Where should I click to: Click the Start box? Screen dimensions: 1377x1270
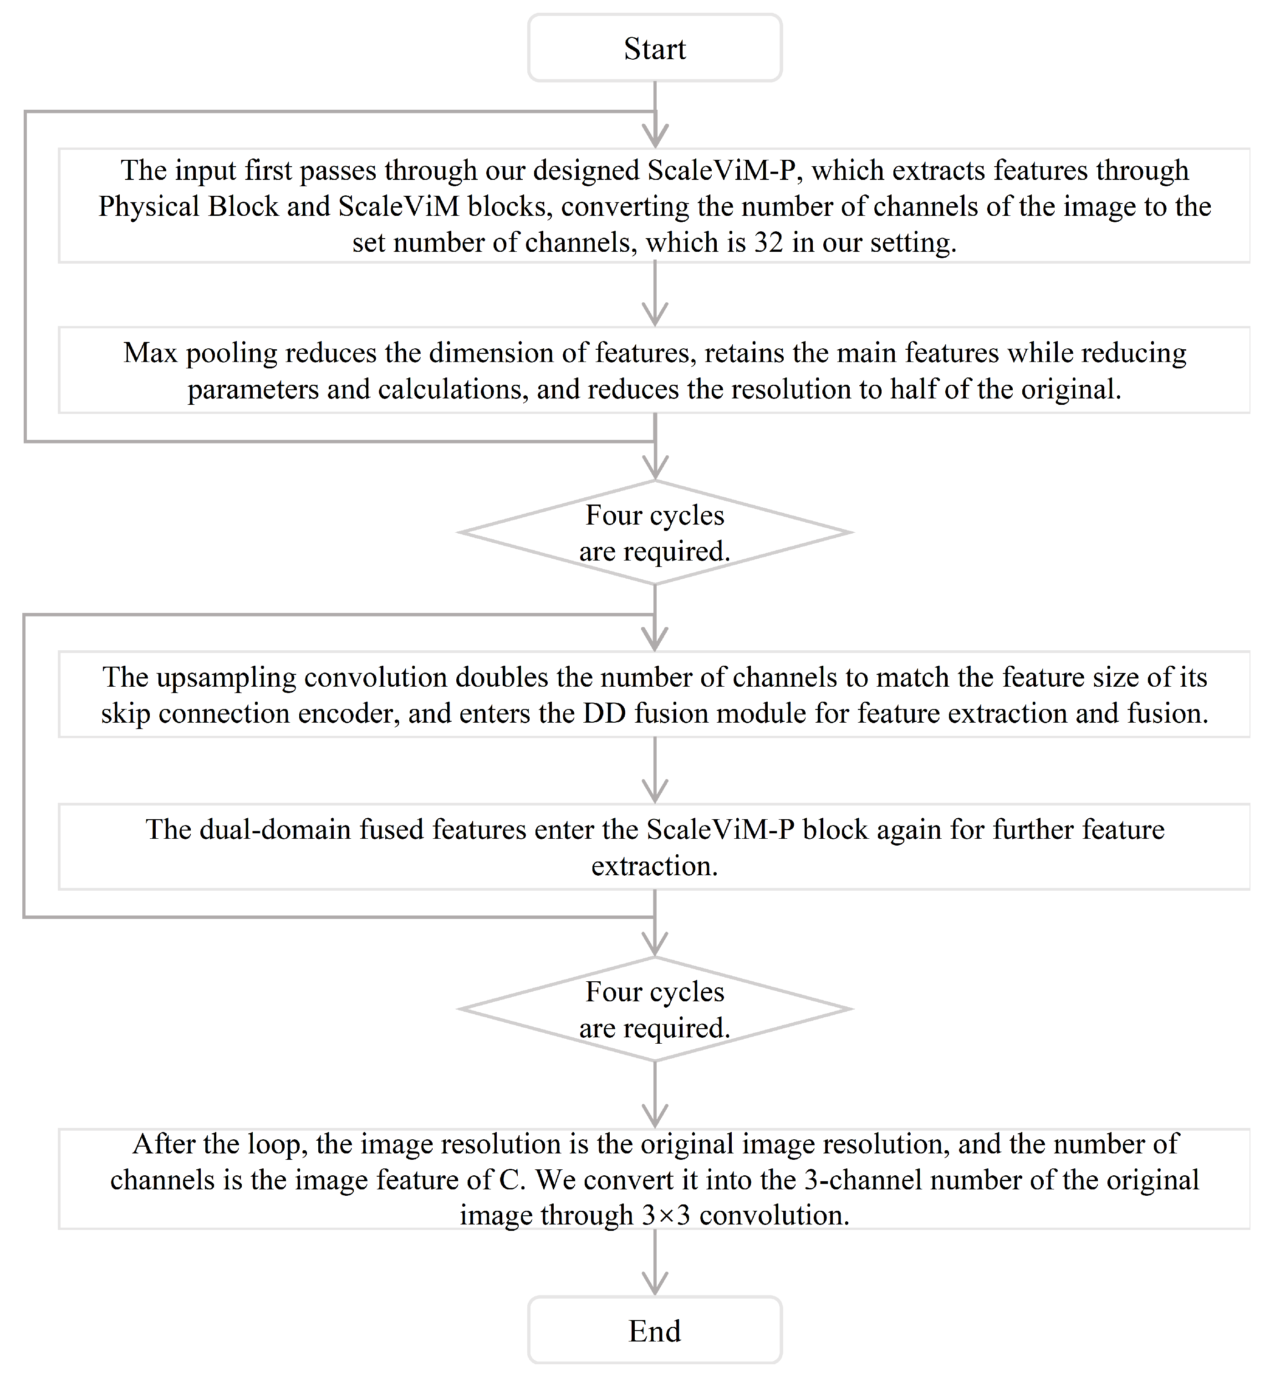point(654,49)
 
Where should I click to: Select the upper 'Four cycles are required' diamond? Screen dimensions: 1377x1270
point(654,532)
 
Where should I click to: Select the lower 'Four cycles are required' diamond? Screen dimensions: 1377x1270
point(654,1010)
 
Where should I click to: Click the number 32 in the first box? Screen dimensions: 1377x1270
point(768,243)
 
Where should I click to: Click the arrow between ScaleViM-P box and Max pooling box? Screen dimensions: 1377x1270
point(654,294)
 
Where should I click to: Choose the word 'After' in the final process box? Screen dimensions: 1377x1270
point(163,1144)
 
